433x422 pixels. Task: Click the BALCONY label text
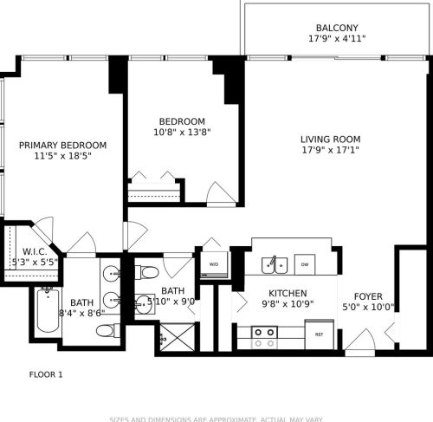pos(337,27)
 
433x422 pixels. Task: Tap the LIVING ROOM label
pos(330,139)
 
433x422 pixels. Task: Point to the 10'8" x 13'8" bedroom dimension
pos(182,133)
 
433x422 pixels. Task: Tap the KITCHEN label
pos(288,294)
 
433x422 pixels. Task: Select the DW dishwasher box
pos(303,263)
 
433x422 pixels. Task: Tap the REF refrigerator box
pos(319,334)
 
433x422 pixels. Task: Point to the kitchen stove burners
pos(263,333)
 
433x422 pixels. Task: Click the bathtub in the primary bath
pos(45,314)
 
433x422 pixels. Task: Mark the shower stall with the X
pos(177,335)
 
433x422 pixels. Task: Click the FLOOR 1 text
pos(46,375)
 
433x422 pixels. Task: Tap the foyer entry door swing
pos(362,340)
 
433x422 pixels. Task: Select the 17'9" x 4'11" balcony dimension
pos(337,39)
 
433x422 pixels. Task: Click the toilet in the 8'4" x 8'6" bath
pos(107,330)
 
